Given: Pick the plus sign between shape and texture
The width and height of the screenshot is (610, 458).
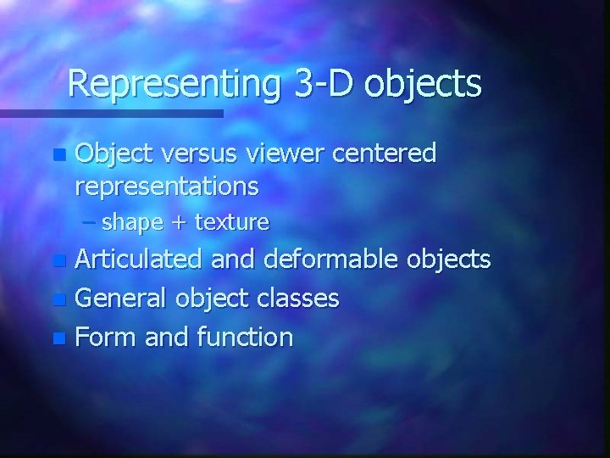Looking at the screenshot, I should point(179,223).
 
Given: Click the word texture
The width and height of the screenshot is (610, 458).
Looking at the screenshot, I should point(231,223).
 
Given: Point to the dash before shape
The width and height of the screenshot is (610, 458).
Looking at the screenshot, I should point(91,222).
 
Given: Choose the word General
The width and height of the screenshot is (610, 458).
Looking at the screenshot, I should point(121,298).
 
